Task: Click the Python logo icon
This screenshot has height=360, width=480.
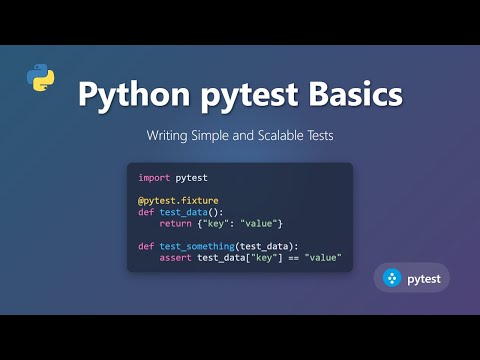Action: coord(40,77)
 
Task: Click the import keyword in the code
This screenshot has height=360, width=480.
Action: coord(154,176)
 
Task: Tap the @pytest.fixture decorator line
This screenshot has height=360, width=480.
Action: coord(179,200)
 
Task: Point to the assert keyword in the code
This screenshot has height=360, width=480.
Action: coord(176,258)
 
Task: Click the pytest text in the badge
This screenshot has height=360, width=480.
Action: coord(424,278)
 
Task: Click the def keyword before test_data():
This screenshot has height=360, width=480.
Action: coord(146,211)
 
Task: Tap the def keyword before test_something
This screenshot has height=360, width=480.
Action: coord(146,246)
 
